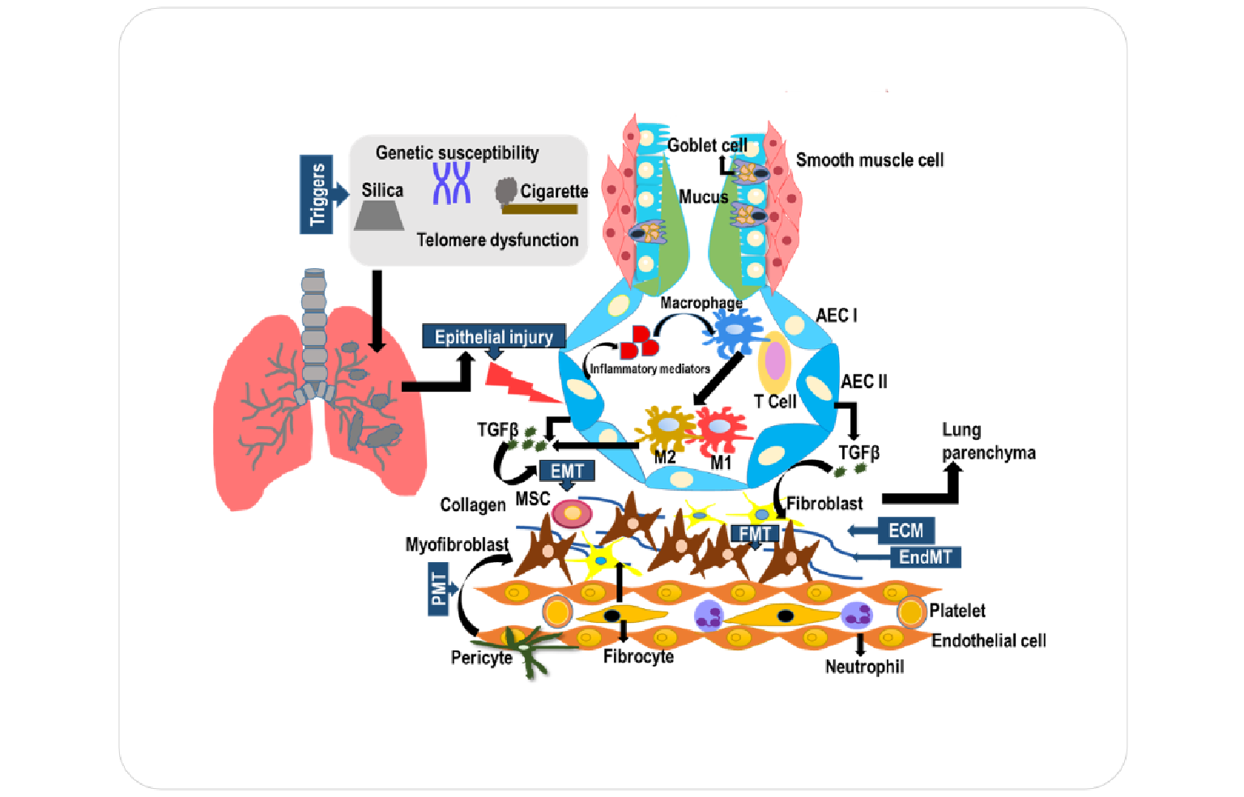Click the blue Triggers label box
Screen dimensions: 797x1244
[x=316, y=194]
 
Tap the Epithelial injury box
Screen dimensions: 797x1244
[x=493, y=336]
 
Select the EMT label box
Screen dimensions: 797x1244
[x=566, y=471]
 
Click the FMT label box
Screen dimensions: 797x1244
[x=754, y=534]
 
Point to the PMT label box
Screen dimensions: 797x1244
[x=438, y=589]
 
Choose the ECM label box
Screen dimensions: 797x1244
[x=905, y=531]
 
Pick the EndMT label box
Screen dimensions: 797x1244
[x=925, y=557]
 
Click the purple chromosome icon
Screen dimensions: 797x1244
[x=451, y=183]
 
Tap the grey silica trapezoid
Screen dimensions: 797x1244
[x=379, y=216]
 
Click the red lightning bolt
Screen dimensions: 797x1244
[x=518, y=381]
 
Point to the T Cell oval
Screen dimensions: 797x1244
[x=774, y=361]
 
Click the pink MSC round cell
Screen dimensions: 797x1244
[x=572, y=513]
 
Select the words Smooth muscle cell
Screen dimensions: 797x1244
[x=869, y=160]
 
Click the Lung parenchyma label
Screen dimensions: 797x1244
[x=988, y=441]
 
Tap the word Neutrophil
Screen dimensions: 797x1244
[x=864, y=667]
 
